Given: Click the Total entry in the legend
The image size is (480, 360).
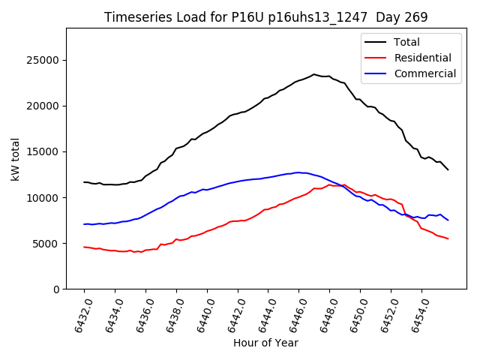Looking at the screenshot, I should point(406,42).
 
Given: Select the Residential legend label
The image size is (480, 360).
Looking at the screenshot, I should point(422,58).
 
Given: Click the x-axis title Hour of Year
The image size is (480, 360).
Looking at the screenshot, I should point(265,343).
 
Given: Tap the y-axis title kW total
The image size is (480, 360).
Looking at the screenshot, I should point(15,159).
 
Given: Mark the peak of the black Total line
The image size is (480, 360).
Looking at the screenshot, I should point(314,74).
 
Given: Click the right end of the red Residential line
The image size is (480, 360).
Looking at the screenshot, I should point(448,238).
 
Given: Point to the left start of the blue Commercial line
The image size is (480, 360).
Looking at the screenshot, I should point(84,224).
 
